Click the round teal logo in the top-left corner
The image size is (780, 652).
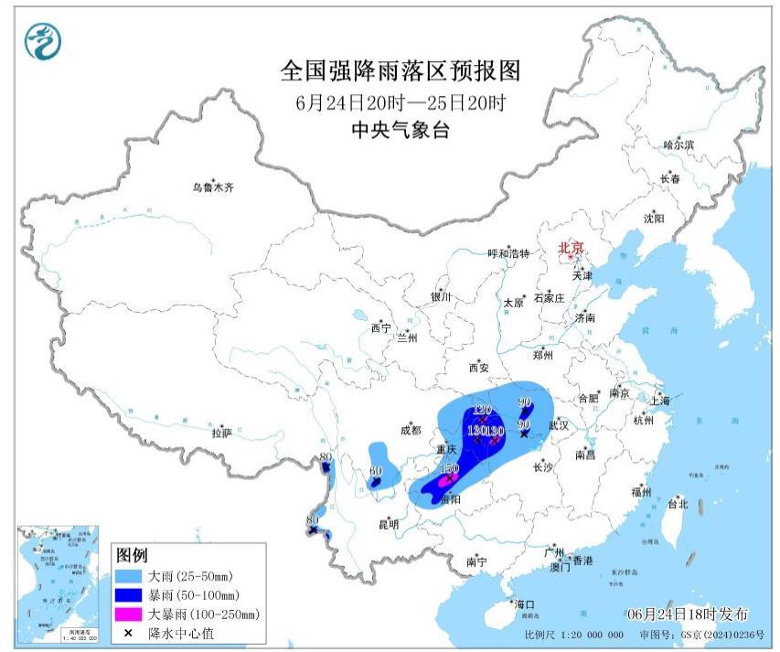click(41, 41)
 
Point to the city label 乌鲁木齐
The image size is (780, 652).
click(213, 187)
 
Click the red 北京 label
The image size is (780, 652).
click(570, 247)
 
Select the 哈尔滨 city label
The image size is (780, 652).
click(678, 144)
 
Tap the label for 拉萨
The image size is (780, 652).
click(222, 433)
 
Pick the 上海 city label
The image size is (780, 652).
click(659, 401)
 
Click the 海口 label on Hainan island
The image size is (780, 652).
click(523, 604)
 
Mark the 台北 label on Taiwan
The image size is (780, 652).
click(677, 504)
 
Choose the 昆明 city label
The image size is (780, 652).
click(388, 524)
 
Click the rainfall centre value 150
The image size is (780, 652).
click(449, 468)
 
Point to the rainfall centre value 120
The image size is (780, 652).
click(483, 410)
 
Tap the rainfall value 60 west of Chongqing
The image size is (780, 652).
click(375, 471)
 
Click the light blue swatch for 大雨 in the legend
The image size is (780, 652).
click(131, 576)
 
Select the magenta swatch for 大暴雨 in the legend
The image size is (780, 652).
click(131, 614)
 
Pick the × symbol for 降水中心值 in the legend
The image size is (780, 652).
click(131, 633)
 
